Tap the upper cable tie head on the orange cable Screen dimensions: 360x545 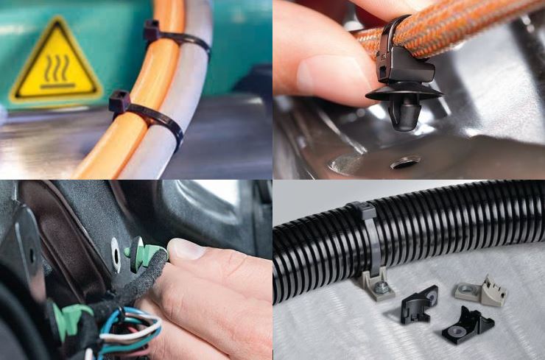click(x=152, y=32)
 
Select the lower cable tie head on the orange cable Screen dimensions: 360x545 click(x=119, y=102)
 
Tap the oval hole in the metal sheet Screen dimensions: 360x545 click(x=404, y=160)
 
